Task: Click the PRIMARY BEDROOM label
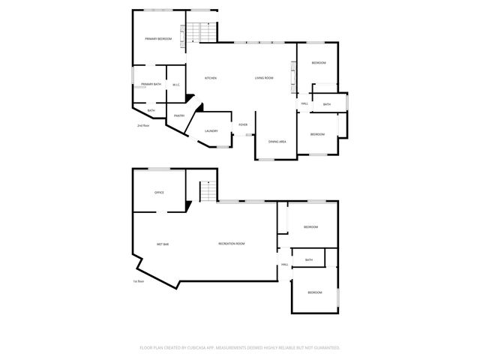click(x=158, y=38)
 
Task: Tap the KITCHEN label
click(x=211, y=78)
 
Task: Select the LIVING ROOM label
click(x=263, y=78)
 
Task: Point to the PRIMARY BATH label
click(x=151, y=84)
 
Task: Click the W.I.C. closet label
click(x=175, y=85)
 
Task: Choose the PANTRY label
click(x=179, y=115)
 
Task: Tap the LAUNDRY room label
click(x=211, y=131)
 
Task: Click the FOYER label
click(x=243, y=124)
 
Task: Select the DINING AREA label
click(x=277, y=141)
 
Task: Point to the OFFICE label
click(x=159, y=193)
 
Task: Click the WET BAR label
click(x=162, y=244)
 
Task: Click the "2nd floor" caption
click(x=142, y=125)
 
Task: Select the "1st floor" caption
click(x=137, y=281)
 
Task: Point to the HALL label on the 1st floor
click(x=285, y=265)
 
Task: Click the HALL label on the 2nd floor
click(x=304, y=103)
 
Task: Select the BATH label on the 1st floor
click(x=308, y=259)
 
